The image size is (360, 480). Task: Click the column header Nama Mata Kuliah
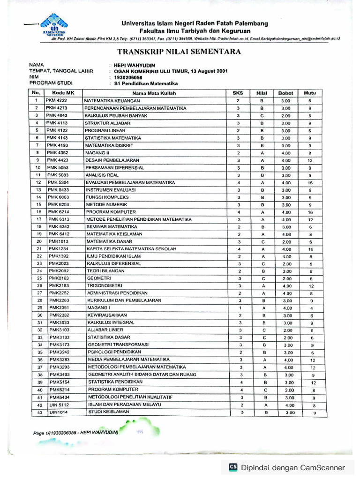tap(154, 93)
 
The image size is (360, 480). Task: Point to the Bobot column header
tap(285, 93)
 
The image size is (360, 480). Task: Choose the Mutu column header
tap(310, 93)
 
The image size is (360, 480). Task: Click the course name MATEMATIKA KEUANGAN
tap(112, 101)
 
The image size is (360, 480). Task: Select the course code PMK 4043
tap(57, 115)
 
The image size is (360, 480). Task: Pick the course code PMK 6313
tap(58, 219)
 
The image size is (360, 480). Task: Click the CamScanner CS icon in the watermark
tap(232, 467)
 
